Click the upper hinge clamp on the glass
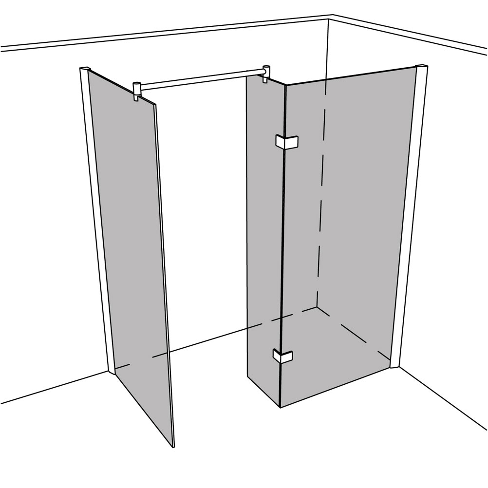(286, 141)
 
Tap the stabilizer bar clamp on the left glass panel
(137, 91)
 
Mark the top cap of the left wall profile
(84, 68)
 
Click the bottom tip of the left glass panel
(172, 446)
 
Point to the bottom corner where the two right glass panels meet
(281, 407)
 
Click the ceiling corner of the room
(330, 18)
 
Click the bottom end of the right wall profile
(395, 366)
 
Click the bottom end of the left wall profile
(112, 373)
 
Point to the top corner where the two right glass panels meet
(284, 86)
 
